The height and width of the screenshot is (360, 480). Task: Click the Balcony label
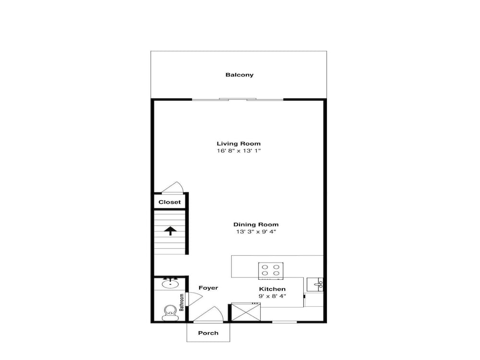(x=240, y=75)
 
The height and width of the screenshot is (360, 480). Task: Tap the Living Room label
(x=239, y=144)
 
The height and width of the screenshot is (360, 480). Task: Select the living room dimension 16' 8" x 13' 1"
(x=239, y=151)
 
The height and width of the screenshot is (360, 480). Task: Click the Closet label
(x=169, y=202)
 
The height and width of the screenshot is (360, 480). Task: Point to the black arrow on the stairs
(x=170, y=231)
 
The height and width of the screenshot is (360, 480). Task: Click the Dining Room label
(x=256, y=225)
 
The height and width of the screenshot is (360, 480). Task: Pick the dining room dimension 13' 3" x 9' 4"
(x=256, y=232)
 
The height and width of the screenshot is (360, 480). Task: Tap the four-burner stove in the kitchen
(x=271, y=271)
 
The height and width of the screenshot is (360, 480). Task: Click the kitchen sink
(x=315, y=285)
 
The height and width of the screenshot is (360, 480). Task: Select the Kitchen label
(x=272, y=289)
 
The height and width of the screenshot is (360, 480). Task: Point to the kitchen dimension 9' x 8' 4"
(x=272, y=296)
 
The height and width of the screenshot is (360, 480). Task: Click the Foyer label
(x=208, y=288)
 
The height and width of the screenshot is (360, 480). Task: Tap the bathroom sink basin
(x=170, y=285)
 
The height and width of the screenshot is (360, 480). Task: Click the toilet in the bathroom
(x=169, y=312)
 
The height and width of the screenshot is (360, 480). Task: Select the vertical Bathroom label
(x=181, y=302)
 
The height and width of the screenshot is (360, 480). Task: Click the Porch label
(x=208, y=333)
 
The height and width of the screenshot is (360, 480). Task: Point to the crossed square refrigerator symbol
(x=245, y=312)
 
